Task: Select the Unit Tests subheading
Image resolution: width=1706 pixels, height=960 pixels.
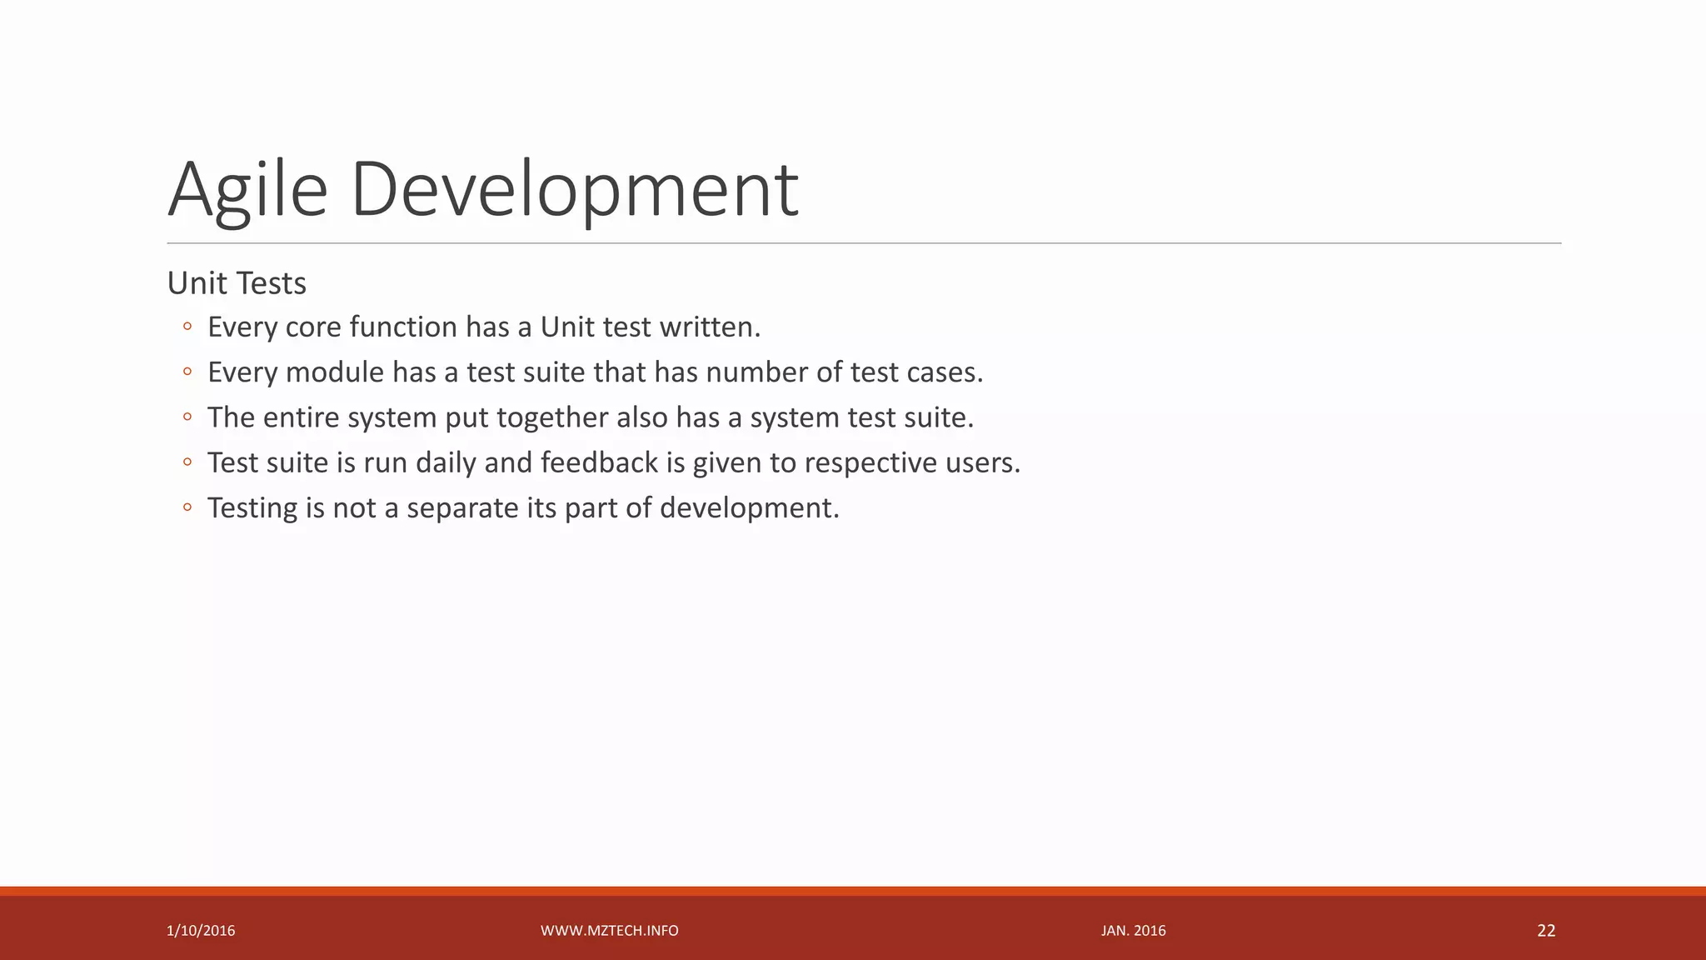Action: click(237, 283)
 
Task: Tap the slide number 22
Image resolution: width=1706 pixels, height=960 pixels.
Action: click(1546, 931)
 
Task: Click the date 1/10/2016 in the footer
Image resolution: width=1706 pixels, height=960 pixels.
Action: click(201, 931)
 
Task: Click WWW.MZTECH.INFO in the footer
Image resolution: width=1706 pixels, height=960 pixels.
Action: click(609, 931)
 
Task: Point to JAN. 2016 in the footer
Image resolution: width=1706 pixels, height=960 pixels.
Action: click(1133, 931)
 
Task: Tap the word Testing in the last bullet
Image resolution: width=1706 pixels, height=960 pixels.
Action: click(252, 508)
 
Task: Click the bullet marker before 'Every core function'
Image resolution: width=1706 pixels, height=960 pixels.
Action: click(187, 327)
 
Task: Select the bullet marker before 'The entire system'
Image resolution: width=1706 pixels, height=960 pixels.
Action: click(187, 417)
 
